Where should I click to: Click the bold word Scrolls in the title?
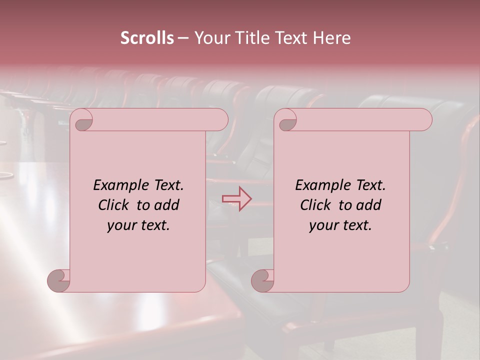point(147,38)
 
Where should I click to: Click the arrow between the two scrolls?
point(236,199)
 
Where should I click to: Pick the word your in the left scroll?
point(121,225)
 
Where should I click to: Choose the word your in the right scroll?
point(323,225)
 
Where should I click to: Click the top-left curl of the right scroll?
point(287,120)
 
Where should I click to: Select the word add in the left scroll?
point(167,205)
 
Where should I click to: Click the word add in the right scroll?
point(369,205)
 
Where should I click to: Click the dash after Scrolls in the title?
point(183,38)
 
